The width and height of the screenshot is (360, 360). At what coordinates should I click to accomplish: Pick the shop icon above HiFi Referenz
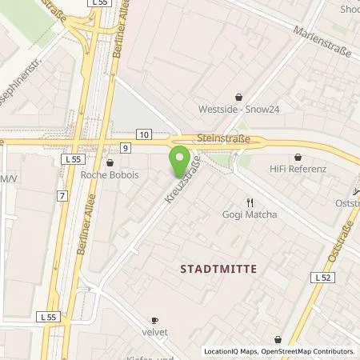pos(298,158)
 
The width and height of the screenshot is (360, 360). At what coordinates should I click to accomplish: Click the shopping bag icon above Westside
pos(238,96)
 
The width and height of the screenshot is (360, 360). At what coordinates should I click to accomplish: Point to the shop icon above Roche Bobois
pos(110,158)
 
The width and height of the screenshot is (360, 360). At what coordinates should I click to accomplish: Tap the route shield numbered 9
pos(126,147)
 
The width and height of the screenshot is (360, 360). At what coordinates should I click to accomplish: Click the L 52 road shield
pos(322,277)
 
